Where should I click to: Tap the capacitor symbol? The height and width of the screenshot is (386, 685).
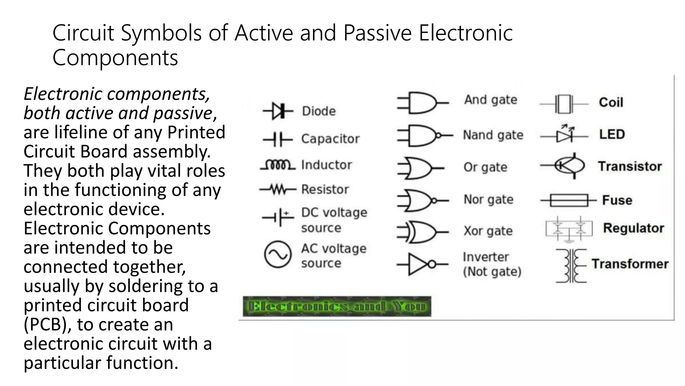tap(278, 139)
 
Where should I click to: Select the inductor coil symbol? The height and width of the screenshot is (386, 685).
tap(278, 165)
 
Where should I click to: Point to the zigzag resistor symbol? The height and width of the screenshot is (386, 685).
tap(278, 190)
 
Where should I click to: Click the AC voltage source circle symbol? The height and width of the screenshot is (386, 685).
tap(278, 255)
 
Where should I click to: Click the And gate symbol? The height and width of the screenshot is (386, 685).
tap(422, 103)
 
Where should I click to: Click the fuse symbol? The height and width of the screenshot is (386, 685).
tap(569, 200)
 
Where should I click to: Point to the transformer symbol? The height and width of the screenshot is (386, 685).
tap(571, 266)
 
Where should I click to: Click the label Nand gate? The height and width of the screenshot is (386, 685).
tap(493, 135)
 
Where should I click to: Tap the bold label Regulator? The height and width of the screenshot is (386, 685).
tap(633, 228)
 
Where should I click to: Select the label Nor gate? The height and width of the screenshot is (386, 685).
tap(488, 200)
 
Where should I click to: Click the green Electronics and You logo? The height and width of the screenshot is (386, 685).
tap(337, 306)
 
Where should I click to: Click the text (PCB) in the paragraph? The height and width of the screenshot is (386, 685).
tap(47, 324)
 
